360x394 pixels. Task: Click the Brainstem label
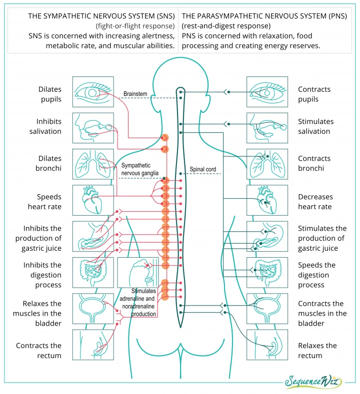tap(135, 94)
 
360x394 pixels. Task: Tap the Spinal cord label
tap(203, 169)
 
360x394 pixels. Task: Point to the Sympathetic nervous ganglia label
tap(140, 169)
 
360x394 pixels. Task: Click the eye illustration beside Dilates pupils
tap(93, 92)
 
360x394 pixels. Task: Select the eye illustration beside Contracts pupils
tap(267, 92)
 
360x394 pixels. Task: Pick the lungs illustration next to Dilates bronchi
tap(93, 164)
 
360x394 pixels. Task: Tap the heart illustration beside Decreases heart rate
tap(267, 200)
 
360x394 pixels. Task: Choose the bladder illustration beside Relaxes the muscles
tap(93, 309)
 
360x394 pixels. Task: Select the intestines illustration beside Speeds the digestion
tap(267, 272)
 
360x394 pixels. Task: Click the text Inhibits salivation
tap(45, 126)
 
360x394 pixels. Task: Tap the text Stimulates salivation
tap(315, 126)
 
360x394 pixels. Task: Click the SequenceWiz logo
tap(313, 382)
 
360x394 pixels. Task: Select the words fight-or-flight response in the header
tap(135, 26)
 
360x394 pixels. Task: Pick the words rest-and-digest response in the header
tap(226, 26)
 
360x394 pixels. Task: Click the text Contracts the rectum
tap(38, 351)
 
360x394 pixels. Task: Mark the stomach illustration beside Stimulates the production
tap(267, 237)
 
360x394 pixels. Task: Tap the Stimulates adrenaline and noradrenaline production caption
tap(138, 303)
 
